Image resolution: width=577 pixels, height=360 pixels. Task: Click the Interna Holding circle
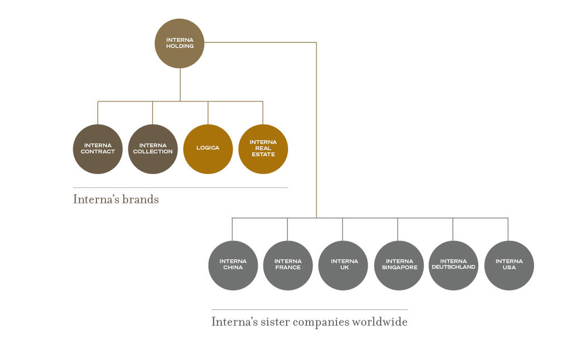coord(180,44)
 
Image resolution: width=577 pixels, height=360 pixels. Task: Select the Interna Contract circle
coord(98,149)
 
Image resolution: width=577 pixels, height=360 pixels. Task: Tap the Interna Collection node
coord(153,149)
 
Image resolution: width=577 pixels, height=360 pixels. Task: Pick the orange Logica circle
coord(208,149)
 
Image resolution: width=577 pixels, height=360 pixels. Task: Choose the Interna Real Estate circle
coord(263,149)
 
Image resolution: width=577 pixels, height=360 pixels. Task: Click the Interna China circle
coord(233,265)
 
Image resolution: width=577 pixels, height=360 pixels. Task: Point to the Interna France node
coord(287,265)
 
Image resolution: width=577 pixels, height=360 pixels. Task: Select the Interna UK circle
coord(343,265)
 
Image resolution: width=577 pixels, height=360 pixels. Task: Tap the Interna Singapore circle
coord(398,265)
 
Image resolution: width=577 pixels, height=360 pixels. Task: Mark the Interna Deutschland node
coord(453,265)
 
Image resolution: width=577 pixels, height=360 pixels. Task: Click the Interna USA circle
coord(509,265)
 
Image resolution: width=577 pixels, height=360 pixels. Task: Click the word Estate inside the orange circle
coord(263,155)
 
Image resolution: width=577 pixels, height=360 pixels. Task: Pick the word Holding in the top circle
coord(180,46)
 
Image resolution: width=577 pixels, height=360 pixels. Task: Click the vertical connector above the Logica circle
coord(208,113)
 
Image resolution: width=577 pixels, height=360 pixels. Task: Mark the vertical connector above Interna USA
coord(508,229)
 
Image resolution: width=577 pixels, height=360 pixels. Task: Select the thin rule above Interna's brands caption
coord(180,188)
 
